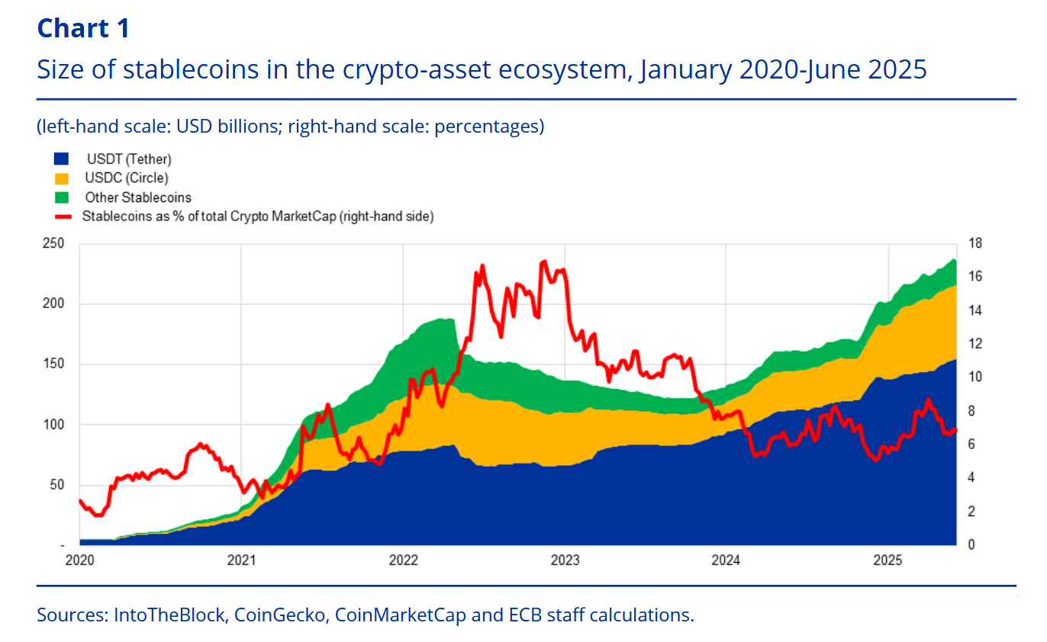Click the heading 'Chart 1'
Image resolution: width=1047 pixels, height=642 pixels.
83,28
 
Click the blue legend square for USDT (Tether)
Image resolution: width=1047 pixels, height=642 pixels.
61,159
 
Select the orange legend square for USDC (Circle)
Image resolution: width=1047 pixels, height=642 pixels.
61,178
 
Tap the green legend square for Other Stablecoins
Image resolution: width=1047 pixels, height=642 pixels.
61,197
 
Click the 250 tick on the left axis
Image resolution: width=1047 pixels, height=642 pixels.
54,244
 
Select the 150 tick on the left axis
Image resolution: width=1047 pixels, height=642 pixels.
54,364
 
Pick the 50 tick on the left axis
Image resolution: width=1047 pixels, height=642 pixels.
57,485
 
